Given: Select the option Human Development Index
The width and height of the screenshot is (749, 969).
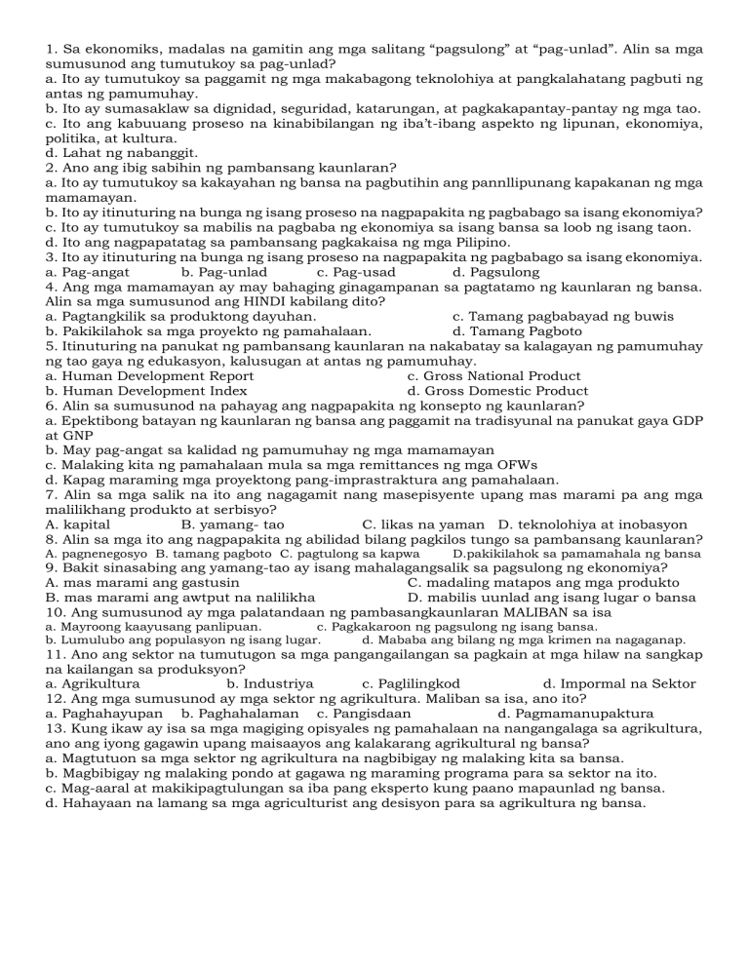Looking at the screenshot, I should click(x=146, y=391).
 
